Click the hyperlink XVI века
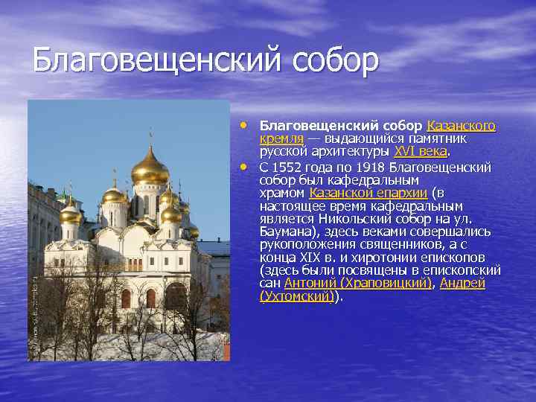click(x=421, y=150)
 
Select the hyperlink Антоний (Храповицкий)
click(x=358, y=283)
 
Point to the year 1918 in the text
click(x=371, y=167)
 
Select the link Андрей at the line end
click(x=462, y=283)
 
